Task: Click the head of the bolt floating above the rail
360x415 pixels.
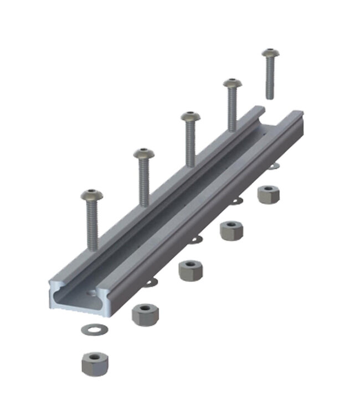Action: pyautogui.click(x=270, y=54)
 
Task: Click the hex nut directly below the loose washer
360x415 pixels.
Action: pyautogui.click(x=94, y=363)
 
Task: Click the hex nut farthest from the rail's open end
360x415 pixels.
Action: pyautogui.click(x=268, y=194)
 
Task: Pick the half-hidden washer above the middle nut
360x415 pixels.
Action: pyautogui.click(x=195, y=240)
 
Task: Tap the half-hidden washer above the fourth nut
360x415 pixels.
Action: pyautogui.click(x=236, y=200)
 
